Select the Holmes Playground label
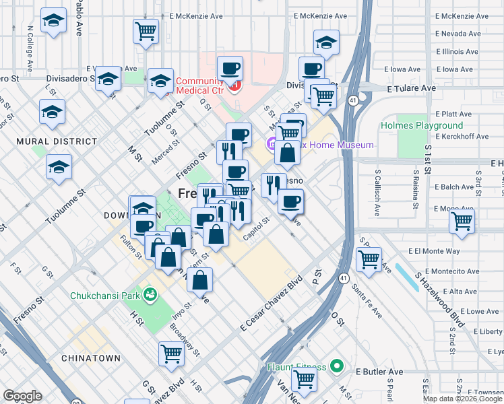pos(422,125)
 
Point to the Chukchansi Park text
pos(106,295)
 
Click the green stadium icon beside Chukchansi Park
pos(150,294)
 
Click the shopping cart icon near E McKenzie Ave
pos(146,30)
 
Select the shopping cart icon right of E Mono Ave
pos(462,220)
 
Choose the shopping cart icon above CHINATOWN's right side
pos(171,352)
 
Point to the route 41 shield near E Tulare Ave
pos(353,100)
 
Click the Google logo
pos(22,395)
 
